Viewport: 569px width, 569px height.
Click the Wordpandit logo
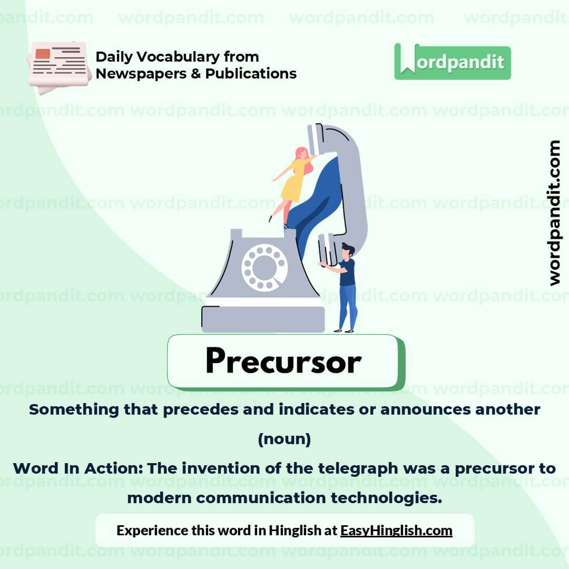(452, 62)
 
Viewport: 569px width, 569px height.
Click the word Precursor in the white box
(283, 361)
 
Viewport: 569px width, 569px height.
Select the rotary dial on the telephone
(264, 267)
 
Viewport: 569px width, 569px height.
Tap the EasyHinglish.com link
(396, 530)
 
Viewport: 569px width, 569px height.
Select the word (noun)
(284, 439)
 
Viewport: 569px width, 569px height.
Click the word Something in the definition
(66, 409)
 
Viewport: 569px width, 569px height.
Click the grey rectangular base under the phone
(263, 319)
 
